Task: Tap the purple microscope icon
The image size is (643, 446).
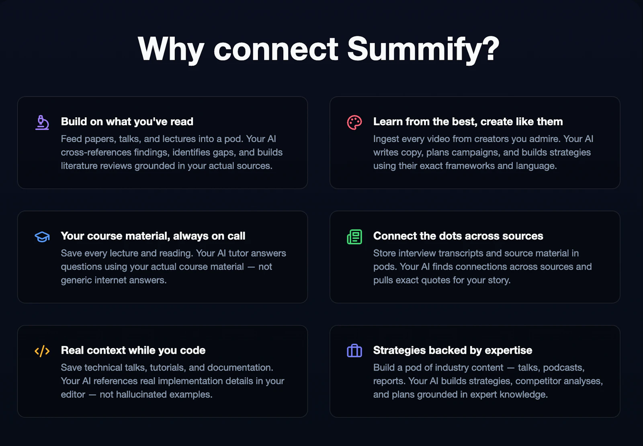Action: tap(42, 122)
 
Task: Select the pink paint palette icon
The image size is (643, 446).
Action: tap(354, 122)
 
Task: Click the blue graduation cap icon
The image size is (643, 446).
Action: tap(42, 237)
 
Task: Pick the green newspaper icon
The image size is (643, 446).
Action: tap(354, 237)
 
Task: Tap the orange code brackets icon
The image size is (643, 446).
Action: tap(42, 351)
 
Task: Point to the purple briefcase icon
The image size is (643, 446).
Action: tap(354, 351)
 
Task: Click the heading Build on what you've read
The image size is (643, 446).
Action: tap(127, 122)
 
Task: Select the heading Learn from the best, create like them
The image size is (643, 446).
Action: tap(468, 122)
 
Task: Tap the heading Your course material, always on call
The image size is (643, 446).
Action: tap(153, 236)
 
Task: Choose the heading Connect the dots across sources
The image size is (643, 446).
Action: tap(458, 236)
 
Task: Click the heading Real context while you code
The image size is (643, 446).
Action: tap(133, 350)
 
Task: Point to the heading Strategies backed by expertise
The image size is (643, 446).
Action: tap(453, 350)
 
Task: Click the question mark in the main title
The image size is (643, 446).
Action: tap(491, 49)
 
